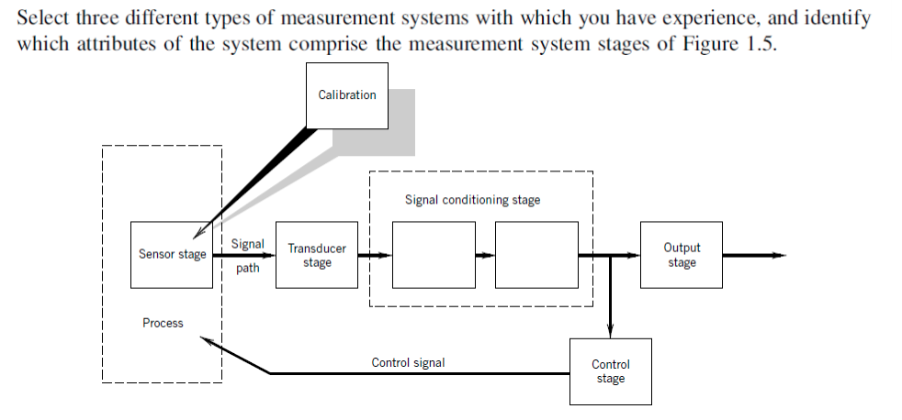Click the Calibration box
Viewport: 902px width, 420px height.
coord(346,95)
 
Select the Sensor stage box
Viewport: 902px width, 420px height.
coord(172,254)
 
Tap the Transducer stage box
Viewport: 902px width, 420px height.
coord(317,255)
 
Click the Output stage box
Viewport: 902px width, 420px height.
coord(681,255)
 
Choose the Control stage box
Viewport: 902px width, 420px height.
coord(610,371)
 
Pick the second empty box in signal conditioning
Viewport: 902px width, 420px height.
coord(536,255)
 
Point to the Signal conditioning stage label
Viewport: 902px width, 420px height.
coord(472,200)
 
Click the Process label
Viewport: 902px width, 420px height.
coord(163,323)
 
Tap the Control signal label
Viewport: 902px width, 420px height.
coord(408,363)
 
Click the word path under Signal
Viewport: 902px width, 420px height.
coord(247,269)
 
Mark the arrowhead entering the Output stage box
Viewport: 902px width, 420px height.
coord(634,255)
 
